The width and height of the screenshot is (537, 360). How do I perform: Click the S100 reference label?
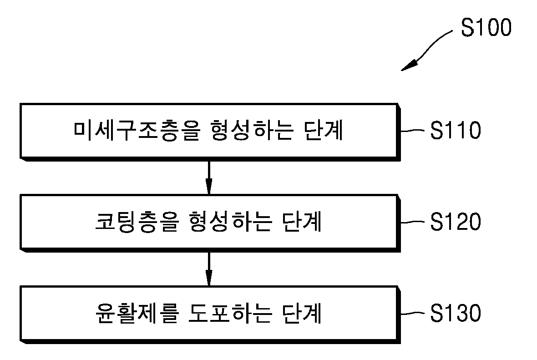click(486, 27)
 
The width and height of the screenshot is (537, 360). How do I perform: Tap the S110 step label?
click(456, 130)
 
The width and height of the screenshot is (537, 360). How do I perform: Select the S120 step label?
click(456, 222)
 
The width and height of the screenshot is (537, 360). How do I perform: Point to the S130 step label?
click(456, 313)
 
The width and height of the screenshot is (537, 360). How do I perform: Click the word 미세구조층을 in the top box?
click(137, 131)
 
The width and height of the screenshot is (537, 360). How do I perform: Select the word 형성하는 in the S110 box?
click(251, 131)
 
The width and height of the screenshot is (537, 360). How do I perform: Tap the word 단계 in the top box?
click(323, 131)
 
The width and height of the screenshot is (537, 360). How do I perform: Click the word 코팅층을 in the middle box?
click(137, 222)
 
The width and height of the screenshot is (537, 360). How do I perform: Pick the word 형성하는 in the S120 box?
click(230, 222)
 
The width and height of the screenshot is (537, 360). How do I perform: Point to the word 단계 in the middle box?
click(302, 222)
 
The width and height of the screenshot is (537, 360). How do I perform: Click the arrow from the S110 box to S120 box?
click(209, 177)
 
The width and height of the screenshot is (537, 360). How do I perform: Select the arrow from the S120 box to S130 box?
click(209, 269)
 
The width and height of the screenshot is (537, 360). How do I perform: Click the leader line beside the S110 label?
click(413, 131)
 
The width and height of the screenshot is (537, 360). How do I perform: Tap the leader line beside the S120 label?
click(413, 222)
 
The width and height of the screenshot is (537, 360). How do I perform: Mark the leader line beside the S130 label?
click(413, 313)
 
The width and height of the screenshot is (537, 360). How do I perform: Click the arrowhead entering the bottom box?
click(209, 278)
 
